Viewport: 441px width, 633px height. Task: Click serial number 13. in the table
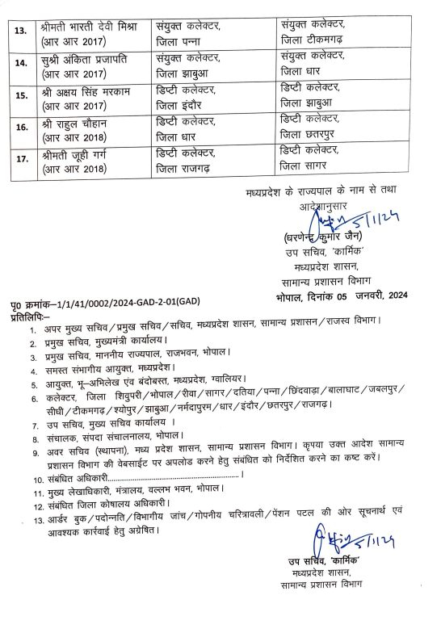(21, 31)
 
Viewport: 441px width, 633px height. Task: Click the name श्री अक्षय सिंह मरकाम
(88, 92)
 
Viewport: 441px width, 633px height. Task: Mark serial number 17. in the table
(21, 158)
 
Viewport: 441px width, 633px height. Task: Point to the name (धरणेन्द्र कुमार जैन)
(320, 240)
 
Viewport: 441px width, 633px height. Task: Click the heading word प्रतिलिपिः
(27, 310)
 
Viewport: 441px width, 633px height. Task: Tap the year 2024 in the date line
(391, 296)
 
